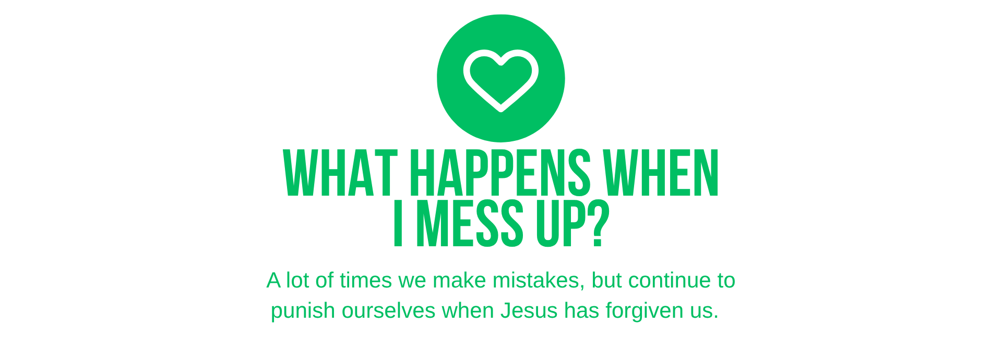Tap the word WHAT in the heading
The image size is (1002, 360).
click(340, 173)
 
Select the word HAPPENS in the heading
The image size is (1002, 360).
click(500, 173)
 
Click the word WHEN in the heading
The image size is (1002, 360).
click(661, 173)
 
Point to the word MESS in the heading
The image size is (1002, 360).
click(470, 223)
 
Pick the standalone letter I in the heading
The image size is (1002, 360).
click(398, 223)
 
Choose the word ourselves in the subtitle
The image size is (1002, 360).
click(388, 310)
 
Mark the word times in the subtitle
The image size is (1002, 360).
click(365, 281)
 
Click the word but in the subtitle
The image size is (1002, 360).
click(606, 281)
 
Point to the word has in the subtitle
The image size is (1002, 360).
click(582, 310)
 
